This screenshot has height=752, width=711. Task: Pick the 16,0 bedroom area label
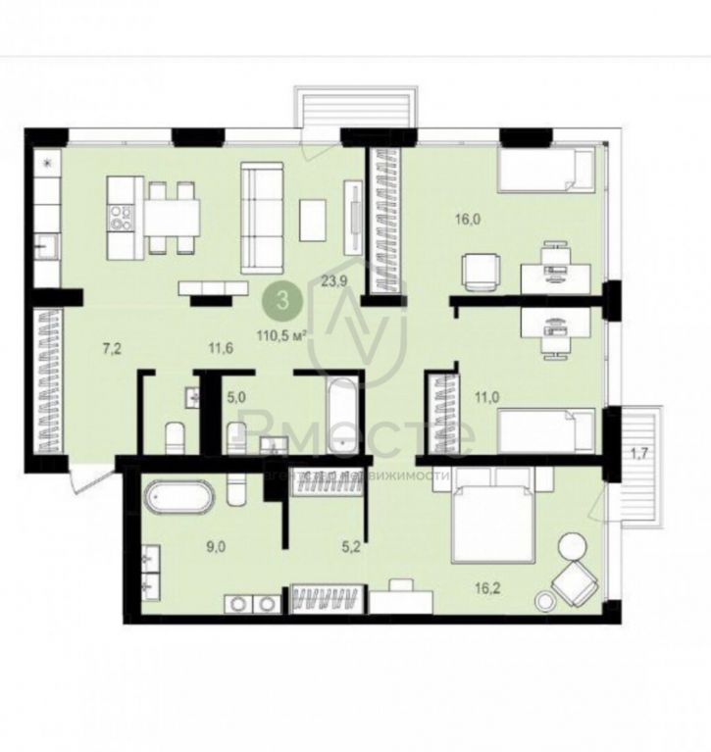coord(466,221)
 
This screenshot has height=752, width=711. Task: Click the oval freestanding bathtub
coord(178,498)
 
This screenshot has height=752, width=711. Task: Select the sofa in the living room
coord(262,217)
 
